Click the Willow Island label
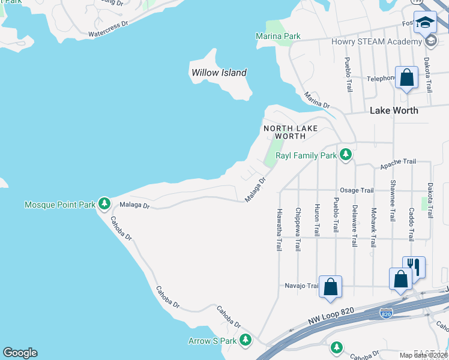click(x=218, y=73)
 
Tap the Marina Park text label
click(x=278, y=36)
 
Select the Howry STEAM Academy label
click(x=376, y=41)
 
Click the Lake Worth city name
click(x=394, y=110)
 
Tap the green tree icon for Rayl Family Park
click(x=345, y=155)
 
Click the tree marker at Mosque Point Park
click(x=104, y=205)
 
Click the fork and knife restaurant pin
click(x=414, y=266)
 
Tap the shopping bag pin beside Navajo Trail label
click(x=330, y=286)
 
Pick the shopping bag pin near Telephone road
click(x=406, y=77)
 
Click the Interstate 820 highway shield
click(x=387, y=313)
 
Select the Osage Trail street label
click(x=357, y=190)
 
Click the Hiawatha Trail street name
click(x=279, y=230)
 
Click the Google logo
click(x=20, y=353)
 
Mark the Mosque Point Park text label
click(x=60, y=205)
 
